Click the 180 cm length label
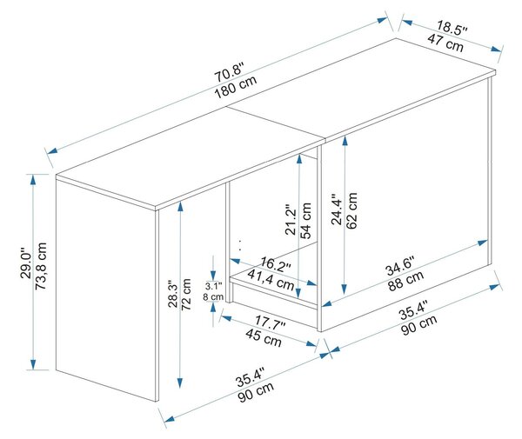pyautogui.click(x=236, y=88)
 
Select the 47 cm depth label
pyautogui.click(x=445, y=43)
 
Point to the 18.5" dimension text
pyautogui.click(x=452, y=27)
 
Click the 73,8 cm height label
pyautogui.click(x=41, y=266)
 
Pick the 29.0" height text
pyautogui.click(x=26, y=263)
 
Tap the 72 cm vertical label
pyautogui.click(x=185, y=295)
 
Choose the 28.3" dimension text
pyautogui.click(x=173, y=294)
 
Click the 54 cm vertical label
pyautogui.click(x=305, y=221)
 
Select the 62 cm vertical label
pyautogui.click(x=351, y=210)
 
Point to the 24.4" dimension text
pyautogui.click(x=337, y=210)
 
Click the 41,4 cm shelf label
pyautogui.click(x=271, y=280)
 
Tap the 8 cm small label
pyautogui.click(x=213, y=296)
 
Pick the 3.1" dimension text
pyautogui.click(x=213, y=286)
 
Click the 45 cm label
pyautogui.click(x=264, y=337)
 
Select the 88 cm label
pyautogui.click(x=405, y=281)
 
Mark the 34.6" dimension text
pyautogui.click(x=400, y=266)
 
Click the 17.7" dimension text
pyautogui.click(x=271, y=323)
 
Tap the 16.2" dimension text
pyautogui.click(x=276, y=263)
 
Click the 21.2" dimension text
pyautogui.click(x=291, y=222)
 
